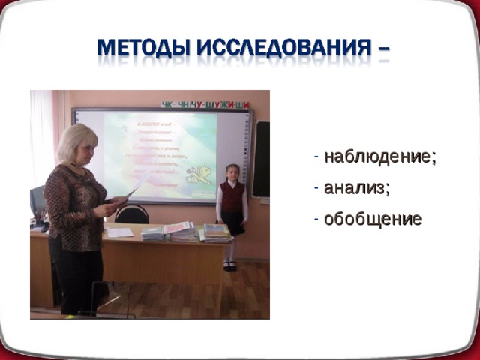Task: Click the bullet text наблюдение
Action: pyautogui.click(x=379, y=157)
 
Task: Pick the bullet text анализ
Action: pyautogui.click(x=356, y=188)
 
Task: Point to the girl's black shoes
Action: pyautogui.click(x=231, y=265)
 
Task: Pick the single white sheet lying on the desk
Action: pyautogui.click(x=119, y=232)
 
